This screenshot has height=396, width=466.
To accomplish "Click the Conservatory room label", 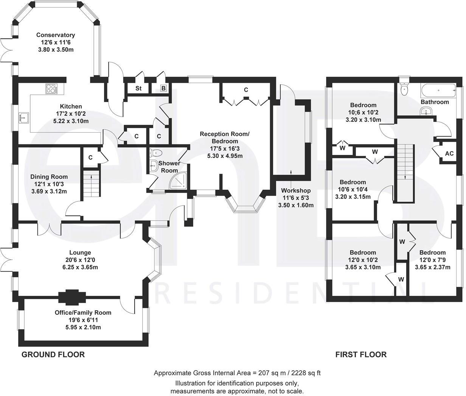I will (x=56, y=35).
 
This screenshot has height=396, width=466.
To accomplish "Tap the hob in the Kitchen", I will (x=51, y=89).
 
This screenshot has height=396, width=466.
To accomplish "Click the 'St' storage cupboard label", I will (x=138, y=88).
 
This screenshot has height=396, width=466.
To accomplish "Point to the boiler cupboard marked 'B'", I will (x=163, y=88).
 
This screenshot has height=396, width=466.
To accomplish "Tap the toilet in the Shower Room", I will (x=156, y=153).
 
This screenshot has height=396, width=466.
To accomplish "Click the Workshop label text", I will (x=296, y=191).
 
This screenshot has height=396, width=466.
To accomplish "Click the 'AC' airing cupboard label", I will (x=449, y=154).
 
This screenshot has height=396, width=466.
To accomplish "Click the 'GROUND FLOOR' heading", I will (x=53, y=354).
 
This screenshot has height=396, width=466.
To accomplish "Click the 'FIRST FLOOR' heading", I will (x=361, y=354).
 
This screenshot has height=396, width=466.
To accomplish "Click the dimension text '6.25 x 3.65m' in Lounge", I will (x=80, y=267).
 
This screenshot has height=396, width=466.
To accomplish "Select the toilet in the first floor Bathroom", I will (x=404, y=88).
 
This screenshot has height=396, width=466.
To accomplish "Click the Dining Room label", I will (x=49, y=176).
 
